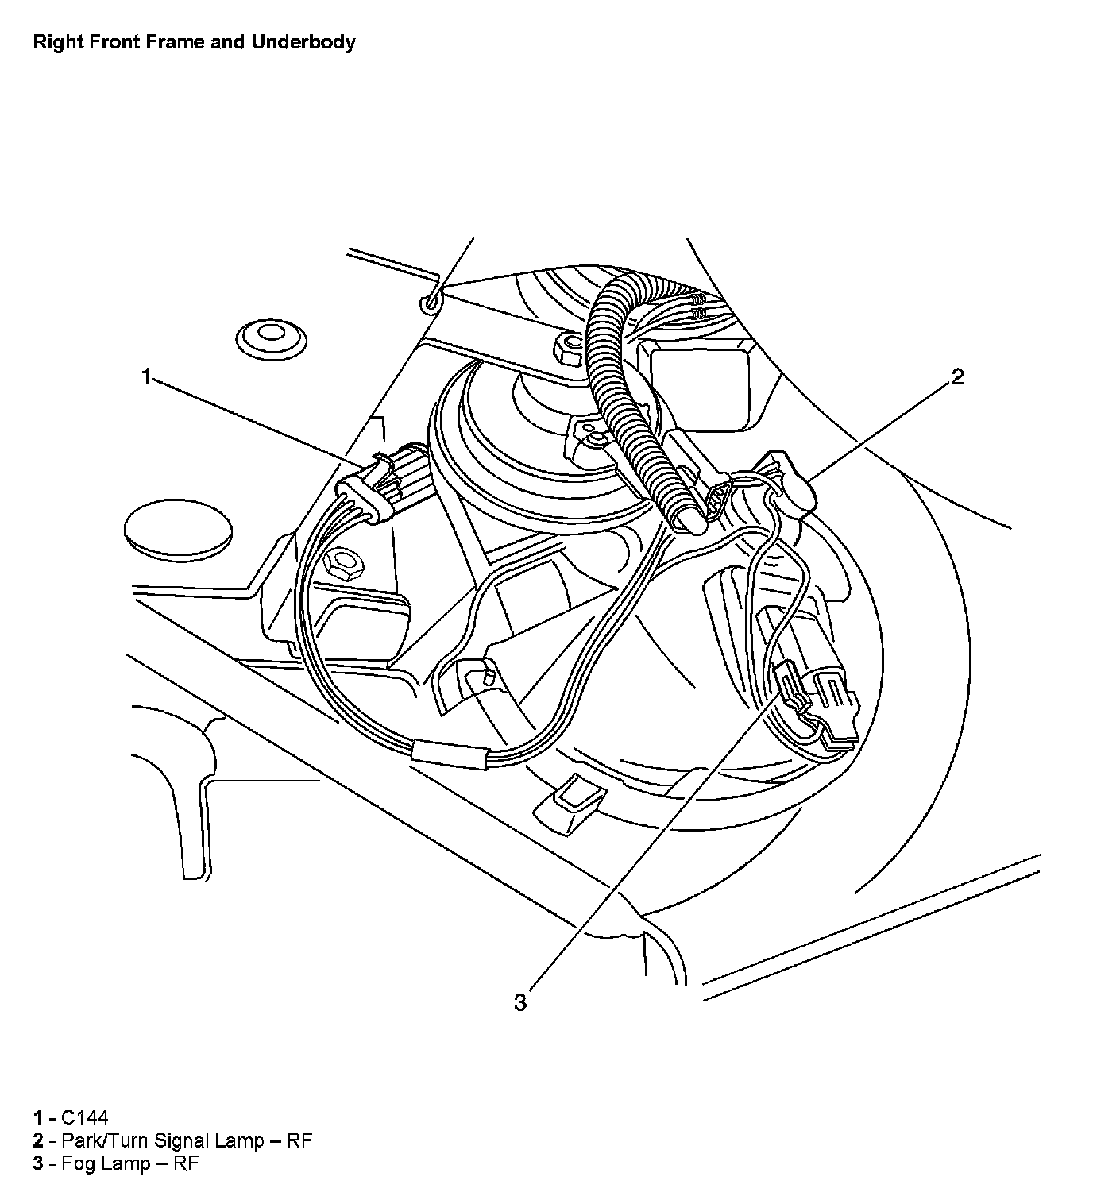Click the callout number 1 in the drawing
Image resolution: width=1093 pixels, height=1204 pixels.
(x=145, y=376)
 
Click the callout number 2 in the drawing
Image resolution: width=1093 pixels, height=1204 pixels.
(x=957, y=376)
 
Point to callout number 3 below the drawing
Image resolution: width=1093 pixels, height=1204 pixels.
(x=519, y=1003)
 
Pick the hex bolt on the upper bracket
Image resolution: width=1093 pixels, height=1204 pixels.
(x=567, y=347)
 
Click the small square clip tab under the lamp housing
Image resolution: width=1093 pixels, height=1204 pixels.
(x=569, y=803)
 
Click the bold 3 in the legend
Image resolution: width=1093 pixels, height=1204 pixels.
(x=37, y=1164)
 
